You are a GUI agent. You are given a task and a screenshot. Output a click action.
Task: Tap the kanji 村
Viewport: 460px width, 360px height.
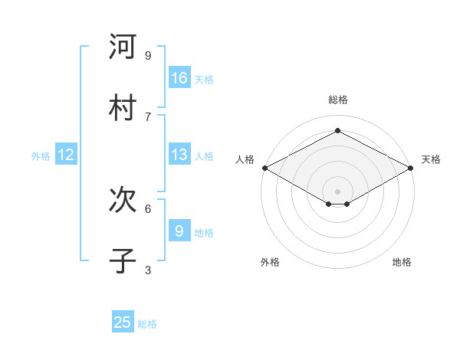(123, 107)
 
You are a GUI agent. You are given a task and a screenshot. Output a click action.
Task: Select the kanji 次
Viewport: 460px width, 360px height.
(123, 200)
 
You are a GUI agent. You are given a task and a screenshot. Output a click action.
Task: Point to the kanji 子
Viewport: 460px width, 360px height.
(123, 261)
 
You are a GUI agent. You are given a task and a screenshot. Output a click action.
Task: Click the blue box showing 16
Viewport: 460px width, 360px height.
(179, 78)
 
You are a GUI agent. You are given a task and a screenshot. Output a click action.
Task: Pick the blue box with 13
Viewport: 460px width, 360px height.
(179, 155)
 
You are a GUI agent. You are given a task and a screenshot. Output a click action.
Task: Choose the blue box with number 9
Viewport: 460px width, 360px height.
(179, 231)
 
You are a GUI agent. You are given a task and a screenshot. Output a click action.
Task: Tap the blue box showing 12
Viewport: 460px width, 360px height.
(66, 155)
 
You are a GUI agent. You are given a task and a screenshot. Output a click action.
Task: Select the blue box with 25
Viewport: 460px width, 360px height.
(123, 322)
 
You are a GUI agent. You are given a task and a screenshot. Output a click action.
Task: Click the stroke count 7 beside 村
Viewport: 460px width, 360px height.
(148, 116)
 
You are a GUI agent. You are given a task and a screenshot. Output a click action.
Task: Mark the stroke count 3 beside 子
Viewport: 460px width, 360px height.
(148, 270)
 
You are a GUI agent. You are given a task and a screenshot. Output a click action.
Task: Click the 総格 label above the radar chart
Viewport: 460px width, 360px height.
(338, 100)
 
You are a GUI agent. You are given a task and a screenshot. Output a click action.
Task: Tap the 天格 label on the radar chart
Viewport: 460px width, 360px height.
(431, 159)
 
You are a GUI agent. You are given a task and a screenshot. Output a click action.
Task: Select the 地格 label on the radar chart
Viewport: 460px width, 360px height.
(402, 262)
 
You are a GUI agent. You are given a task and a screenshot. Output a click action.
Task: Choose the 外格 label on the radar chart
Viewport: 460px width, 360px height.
(270, 262)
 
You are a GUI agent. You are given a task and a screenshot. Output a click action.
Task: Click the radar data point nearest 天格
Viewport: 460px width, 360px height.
(412, 168)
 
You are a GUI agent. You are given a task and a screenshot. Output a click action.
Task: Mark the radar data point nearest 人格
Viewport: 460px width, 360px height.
(264, 168)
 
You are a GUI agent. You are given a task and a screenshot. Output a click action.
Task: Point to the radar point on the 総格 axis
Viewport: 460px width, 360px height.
(338, 131)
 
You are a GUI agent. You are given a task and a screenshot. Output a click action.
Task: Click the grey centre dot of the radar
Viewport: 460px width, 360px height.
(338, 191)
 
